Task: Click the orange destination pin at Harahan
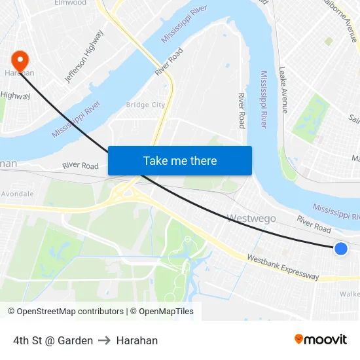pyautogui.click(x=20, y=61)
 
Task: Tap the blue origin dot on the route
pyautogui.click(x=340, y=249)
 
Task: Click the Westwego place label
pyautogui.click(x=251, y=219)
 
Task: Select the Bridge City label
pyautogui.click(x=145, y=105)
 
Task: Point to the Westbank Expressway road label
pyautogui.click(x=283, y=267)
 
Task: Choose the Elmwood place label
pyautogui.click(x=71, y=3)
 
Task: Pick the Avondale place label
pyautogui.click(x=17, y=194)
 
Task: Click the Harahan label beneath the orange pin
pyautogui.click(x=19, y=73)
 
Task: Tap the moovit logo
pyautogui.click(x=321, y=339)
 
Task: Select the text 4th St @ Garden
pyautogui.click(x=53, y=340)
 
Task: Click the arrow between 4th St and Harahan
pyautogui.click(x=105, y=340)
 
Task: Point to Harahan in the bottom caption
pyautogui.click(x=137, y=340)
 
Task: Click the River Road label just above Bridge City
pyautogui.click(x=168, y=61)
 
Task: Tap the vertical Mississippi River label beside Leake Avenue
pyautogui.click(x=263, y=99)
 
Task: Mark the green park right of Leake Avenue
pyautogui.click(x=310, y=118)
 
